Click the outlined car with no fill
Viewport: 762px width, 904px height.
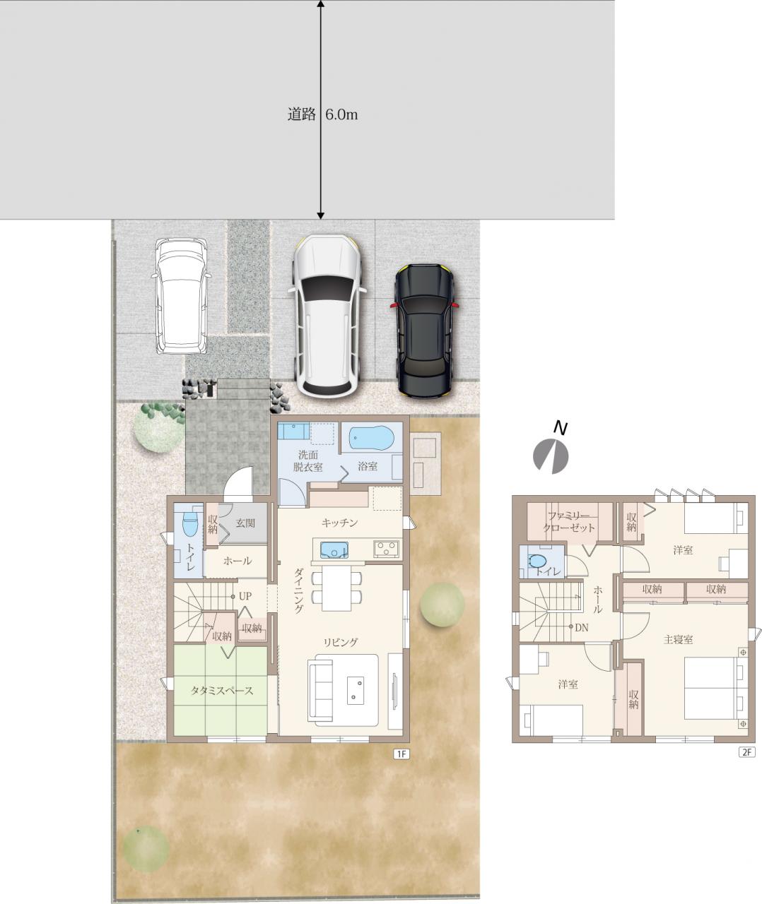coord(181,296)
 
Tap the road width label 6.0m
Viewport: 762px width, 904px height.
coord(341,114)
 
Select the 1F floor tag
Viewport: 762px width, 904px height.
coord(401,754)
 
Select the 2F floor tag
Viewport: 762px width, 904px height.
coord(746,751)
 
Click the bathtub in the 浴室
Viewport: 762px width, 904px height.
coord(372,439)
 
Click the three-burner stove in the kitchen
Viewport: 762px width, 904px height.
coord(387,549)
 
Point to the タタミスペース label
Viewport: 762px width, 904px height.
coord(221,691)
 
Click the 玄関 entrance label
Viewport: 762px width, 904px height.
coord(245,523)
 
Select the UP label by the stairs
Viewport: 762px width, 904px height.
coord(245,596)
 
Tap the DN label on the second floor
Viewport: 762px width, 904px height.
coord(581,627)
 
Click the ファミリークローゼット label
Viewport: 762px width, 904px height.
coord(569,522)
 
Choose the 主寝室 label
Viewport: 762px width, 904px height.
coord(678,639)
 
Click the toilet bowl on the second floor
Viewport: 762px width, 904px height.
coord(537,561)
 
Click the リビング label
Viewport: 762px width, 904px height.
coord(341,642)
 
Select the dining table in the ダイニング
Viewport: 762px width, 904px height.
coord(336,588)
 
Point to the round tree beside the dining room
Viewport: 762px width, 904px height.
coord(442,605)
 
